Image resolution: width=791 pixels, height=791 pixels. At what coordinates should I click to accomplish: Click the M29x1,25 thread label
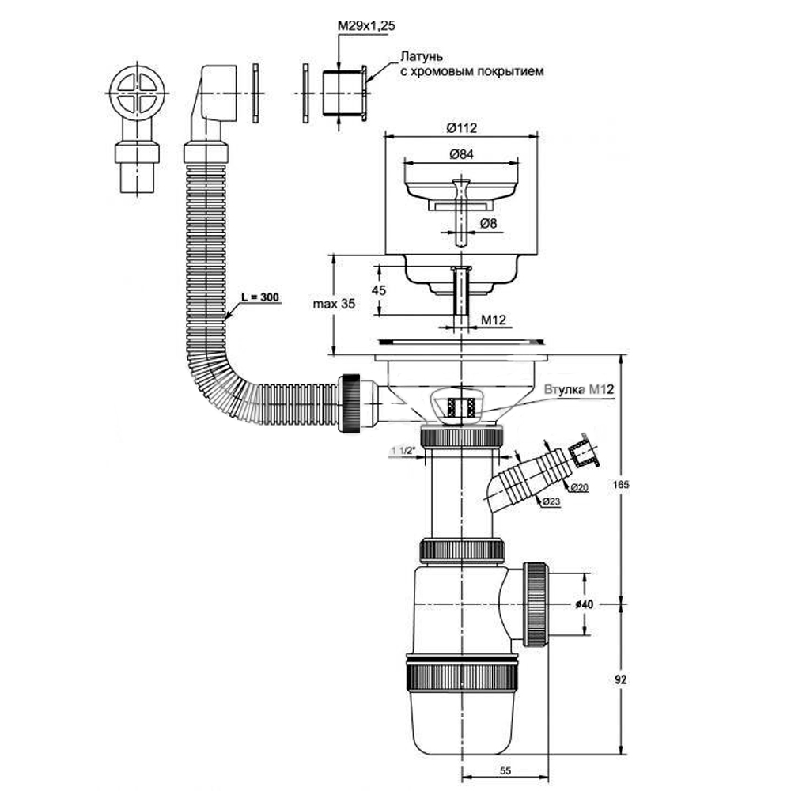366,26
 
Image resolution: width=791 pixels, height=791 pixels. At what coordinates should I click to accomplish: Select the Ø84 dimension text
460,154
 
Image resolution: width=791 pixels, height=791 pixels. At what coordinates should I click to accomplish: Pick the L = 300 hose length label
260,297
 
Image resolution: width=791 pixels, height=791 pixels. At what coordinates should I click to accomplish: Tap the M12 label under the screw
494,320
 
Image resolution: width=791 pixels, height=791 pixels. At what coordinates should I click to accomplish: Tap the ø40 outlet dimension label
585,604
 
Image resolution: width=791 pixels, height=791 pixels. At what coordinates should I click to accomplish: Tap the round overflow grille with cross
136,92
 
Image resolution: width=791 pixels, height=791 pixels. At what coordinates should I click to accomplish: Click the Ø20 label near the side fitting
581,487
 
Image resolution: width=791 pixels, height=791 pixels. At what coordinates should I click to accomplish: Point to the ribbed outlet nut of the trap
536,604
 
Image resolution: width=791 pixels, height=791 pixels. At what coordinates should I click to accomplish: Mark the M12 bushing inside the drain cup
461,407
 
